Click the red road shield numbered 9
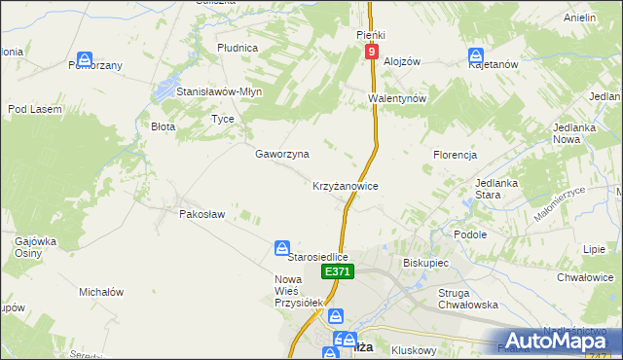[372, 52]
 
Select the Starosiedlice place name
[318, 257]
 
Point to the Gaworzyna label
[282, 154]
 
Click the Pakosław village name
[202, 213]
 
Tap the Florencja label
[455, 155]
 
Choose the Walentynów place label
[398, 99]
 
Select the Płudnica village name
[238, 47]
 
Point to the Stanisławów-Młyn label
[219, 91]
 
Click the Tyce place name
[223, 119]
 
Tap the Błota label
[163, 126]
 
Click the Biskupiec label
[424, 263]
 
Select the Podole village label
[470, 234]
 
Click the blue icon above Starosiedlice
[281, 248]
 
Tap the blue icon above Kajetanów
[476, 55]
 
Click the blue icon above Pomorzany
[86, 58]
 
